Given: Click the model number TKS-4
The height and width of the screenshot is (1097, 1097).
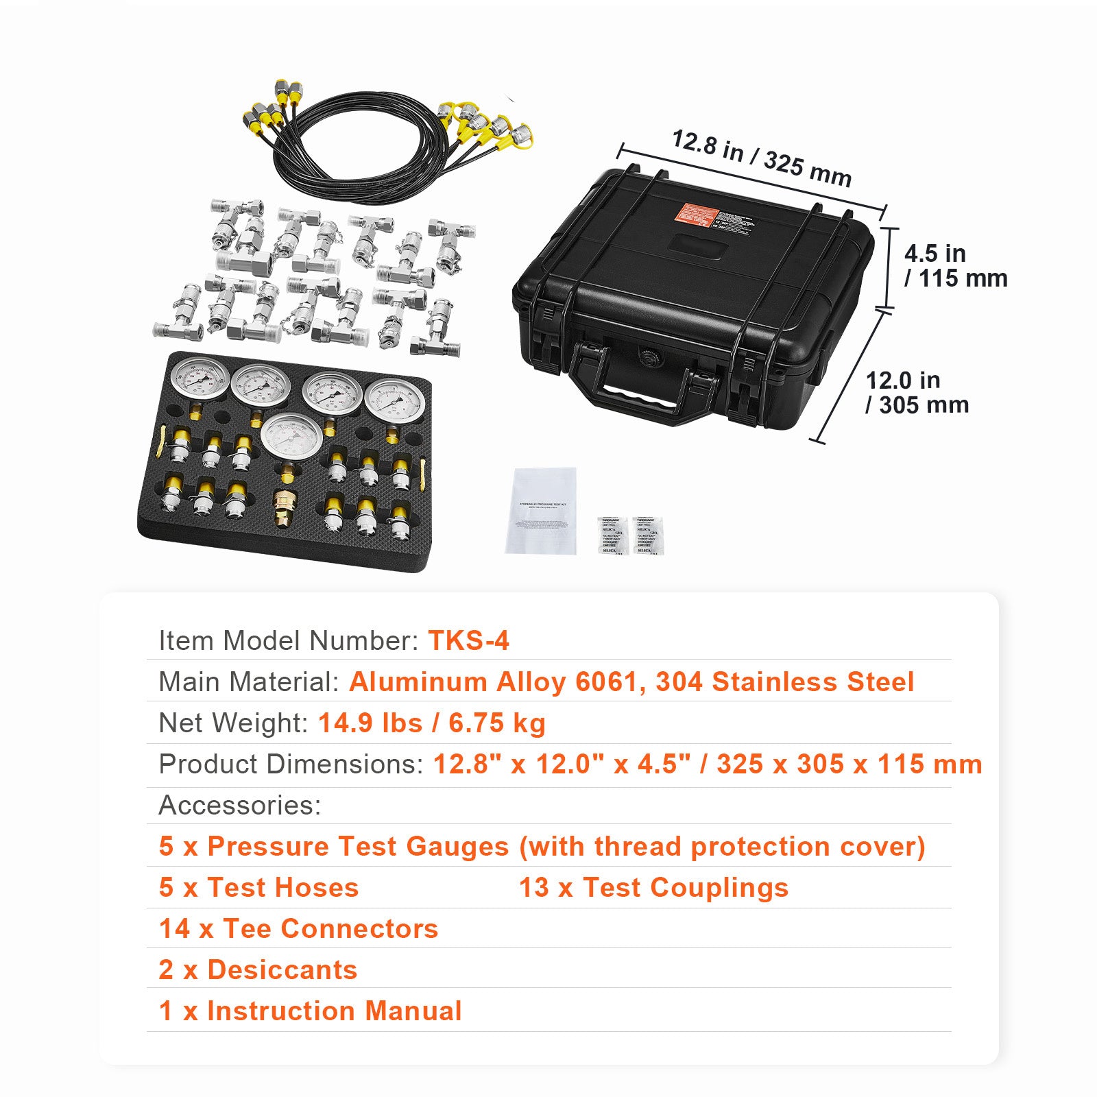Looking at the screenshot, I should click(x=468, y=640).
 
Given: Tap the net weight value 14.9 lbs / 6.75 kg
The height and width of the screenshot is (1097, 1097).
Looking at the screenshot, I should click(x=431, y=723).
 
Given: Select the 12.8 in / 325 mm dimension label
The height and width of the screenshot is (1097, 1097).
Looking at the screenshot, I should click(x=761, y=158).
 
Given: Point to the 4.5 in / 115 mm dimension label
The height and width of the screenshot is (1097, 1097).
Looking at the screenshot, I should click(x=954, y=266).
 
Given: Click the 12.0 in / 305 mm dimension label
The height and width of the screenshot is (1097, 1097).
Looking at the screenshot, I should click(x=917, y=392).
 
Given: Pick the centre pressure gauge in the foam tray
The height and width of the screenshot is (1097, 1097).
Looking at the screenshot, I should click(x=291, y=438).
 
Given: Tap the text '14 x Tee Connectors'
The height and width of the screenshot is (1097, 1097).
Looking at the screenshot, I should click(x=298, y=928).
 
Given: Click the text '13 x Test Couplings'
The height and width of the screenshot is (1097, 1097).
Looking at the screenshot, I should click(x=653, y=887).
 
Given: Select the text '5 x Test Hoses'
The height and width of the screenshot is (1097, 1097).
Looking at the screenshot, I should click(x=258, y=887).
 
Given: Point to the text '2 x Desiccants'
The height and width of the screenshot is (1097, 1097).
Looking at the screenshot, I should click(x=258, y=969).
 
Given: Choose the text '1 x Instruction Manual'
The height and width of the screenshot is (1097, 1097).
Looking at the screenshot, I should click(x=310, y=1011).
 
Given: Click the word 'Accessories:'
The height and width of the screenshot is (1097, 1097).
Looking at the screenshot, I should click(x=239, y=805).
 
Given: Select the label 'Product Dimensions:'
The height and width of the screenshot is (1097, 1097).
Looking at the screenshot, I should click(x=291, y=764).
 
